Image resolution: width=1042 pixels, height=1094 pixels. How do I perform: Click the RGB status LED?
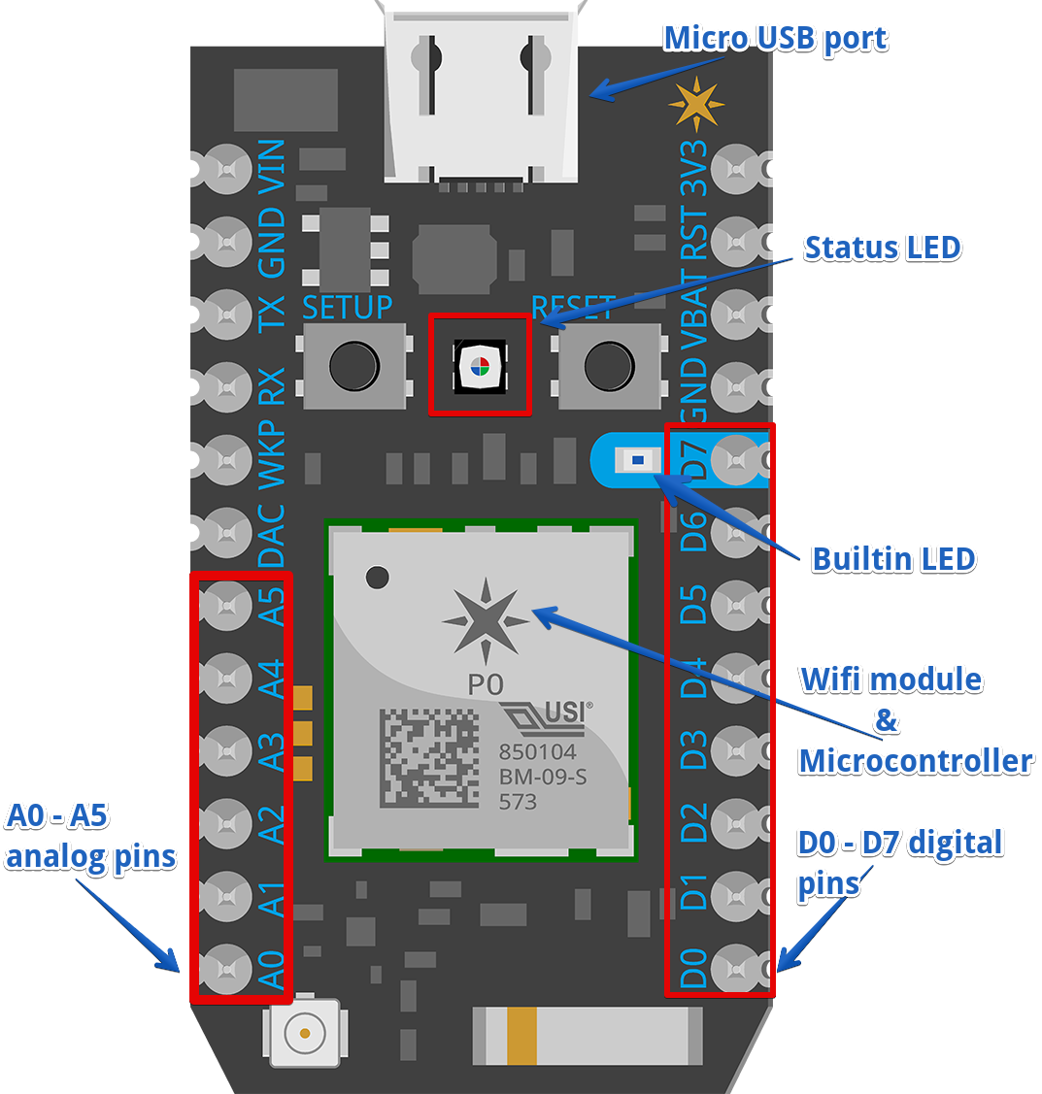point(478,366)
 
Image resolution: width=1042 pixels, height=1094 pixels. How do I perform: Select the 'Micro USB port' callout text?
point(774,39)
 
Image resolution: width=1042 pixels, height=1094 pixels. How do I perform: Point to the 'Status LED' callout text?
point(882,248)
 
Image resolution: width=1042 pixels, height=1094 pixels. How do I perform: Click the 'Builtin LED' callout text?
point(893,559)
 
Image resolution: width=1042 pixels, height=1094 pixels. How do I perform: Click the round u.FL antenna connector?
point(305,1032)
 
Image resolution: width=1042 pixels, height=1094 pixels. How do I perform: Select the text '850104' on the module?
point(536,752)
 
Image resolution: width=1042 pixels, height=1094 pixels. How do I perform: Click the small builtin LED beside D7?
point(638,458)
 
